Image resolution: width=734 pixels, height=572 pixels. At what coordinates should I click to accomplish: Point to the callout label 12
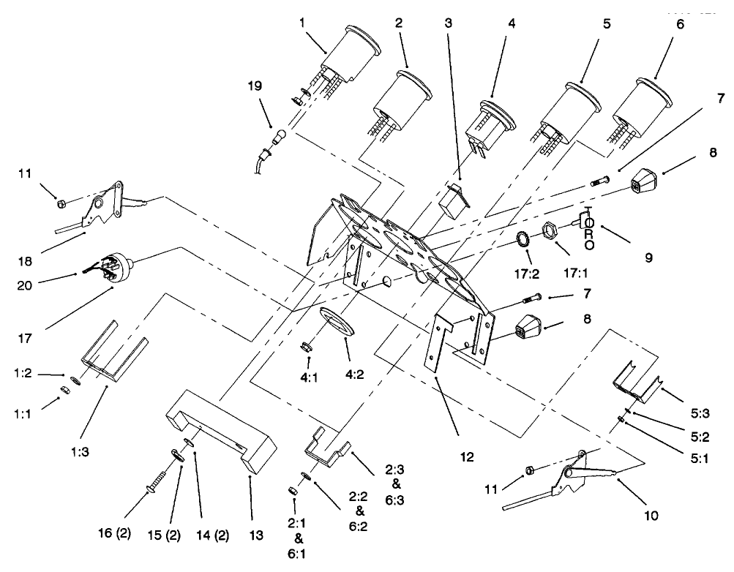pyautogui.click(x=467, y=457)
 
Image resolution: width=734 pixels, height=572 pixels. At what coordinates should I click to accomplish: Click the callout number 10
pyautogui.click(x=650, y=515)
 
